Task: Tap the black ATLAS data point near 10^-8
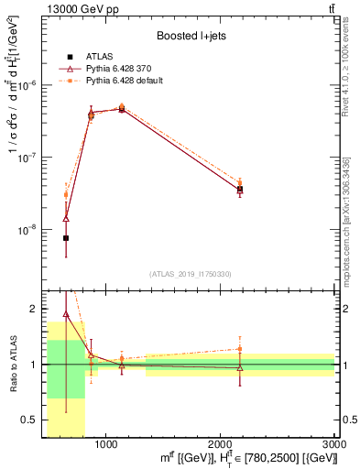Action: point(66,238)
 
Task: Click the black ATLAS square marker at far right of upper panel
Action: point(240,190)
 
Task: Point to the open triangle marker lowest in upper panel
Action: point(66,219)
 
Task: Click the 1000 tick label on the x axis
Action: point(105,444)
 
